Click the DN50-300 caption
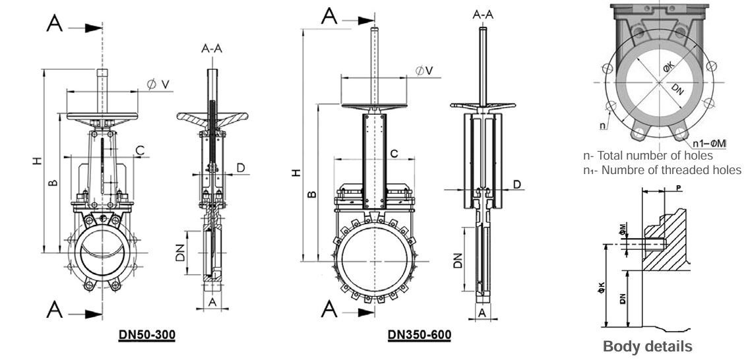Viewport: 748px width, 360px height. pos(146,335)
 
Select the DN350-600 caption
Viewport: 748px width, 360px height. pos(420,335)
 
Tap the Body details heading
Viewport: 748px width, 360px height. pos(647,346)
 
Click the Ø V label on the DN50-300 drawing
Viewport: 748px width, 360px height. pos(159,84)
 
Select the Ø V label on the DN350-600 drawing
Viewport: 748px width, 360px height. pos(424,71)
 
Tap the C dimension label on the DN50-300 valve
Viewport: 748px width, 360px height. pos(140,151)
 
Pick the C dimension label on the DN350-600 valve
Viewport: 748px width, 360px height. pos(394,153)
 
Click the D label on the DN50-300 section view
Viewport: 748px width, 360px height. pos(240,167)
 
